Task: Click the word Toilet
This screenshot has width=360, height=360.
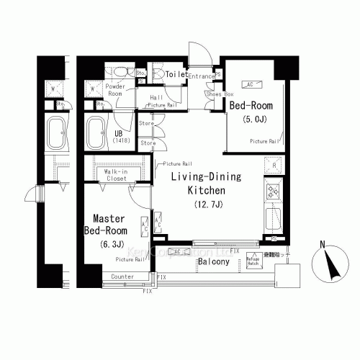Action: coord(176,74)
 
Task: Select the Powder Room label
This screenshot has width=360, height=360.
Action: coord(115,89)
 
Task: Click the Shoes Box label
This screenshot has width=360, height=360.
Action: coord(219,93)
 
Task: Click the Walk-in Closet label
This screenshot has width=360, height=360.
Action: coord(117,176)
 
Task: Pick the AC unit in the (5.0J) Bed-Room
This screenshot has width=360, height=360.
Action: coord(250,84)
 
